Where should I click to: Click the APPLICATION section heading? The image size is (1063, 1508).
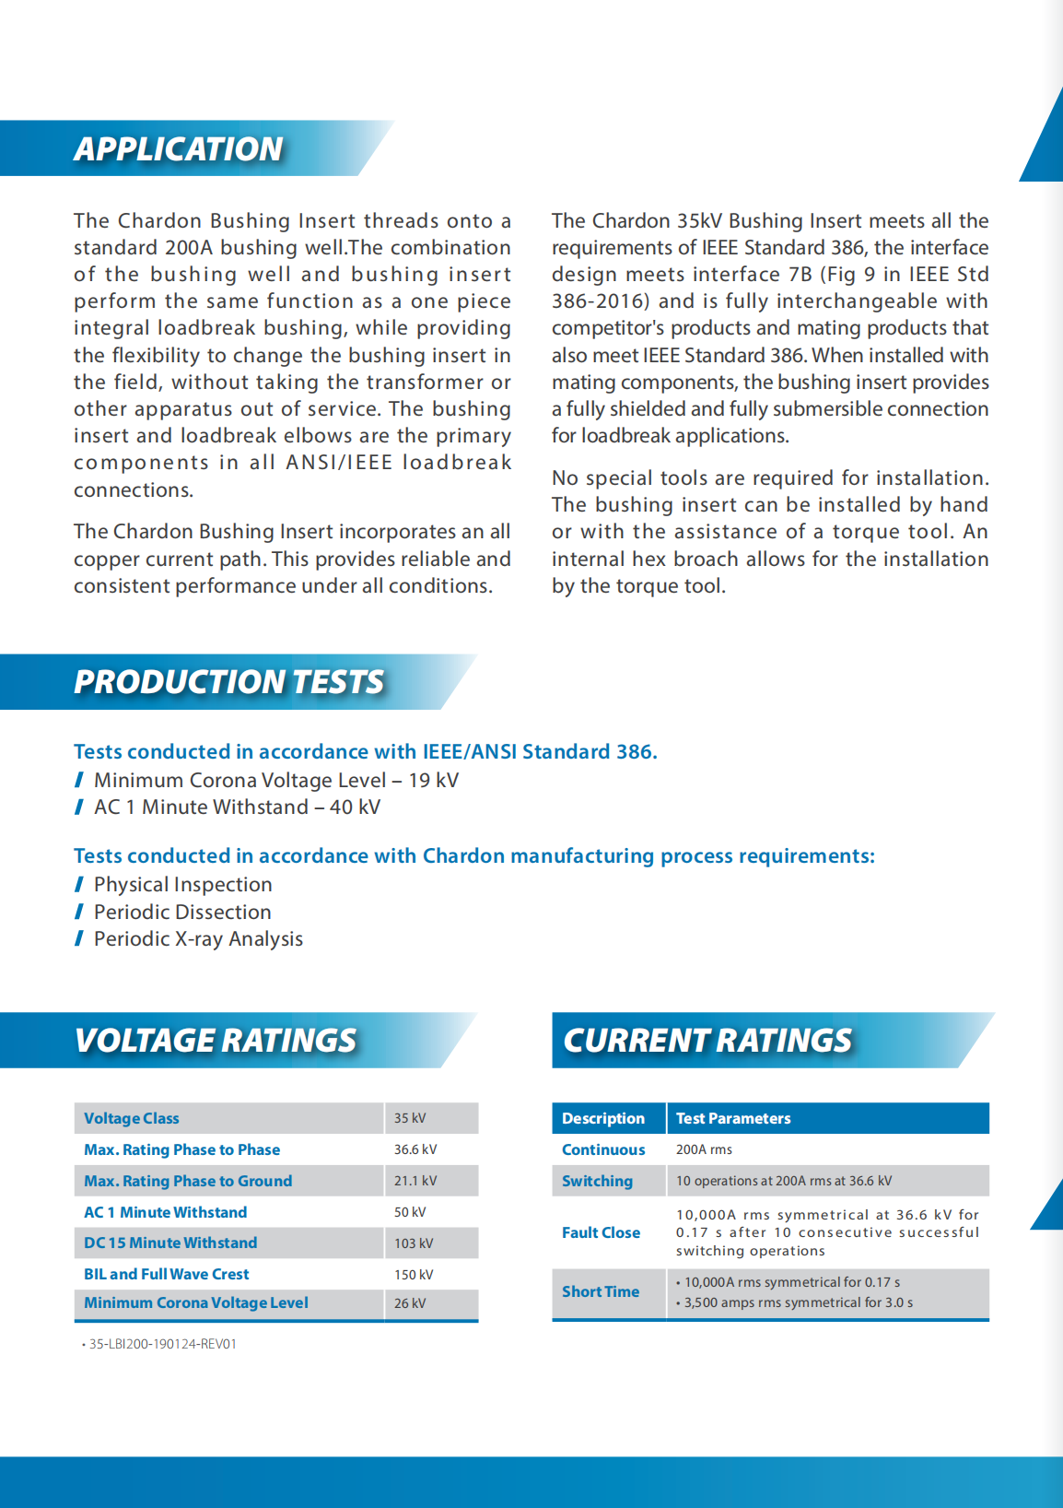pyautogui.click(x=179, y=149)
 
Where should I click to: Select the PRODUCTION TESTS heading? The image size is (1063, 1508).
pyautogui.click(x=228, y=682)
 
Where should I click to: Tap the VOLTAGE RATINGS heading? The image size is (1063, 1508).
pyautogui.click(x=216, y=1041)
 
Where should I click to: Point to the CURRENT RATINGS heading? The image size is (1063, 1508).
pyautogui.click(x=707, y=1041)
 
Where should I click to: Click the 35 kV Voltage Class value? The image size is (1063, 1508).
pyautogui.click(x=410, y=1118)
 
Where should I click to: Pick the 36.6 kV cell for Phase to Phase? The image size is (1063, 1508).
pyautogui.click(x=415, y=1149)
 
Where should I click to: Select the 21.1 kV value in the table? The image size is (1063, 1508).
pyautogui.click(x=415, y=1181)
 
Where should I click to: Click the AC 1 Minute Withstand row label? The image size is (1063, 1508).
pyautogui.click(x=166, y=1212)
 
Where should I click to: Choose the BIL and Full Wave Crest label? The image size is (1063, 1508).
pyautogui.click(x=167, y=1274)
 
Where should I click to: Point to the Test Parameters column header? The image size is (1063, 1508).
pyautogui.click(x=733, y=1118)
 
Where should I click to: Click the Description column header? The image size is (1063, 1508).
pyautogui.click(x=603, y=1118)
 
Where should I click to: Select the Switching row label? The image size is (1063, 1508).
pyautogui.click(x=598, y=1181)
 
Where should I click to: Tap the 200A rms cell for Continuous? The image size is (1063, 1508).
pyautogui.click(x=704, y=1149)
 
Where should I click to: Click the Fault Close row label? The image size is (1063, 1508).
pyautogui.click(x=601, y=1232)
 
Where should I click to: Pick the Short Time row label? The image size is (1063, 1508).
pyautogui.click(x=601, y=1291)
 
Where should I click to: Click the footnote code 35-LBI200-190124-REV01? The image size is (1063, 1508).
pyautogui.click(x=162, y=1344)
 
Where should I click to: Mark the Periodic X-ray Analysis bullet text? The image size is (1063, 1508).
pyautogui.click(x=198, y=938)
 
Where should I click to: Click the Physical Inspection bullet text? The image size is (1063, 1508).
pyautogui.click(x=183, y=884)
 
